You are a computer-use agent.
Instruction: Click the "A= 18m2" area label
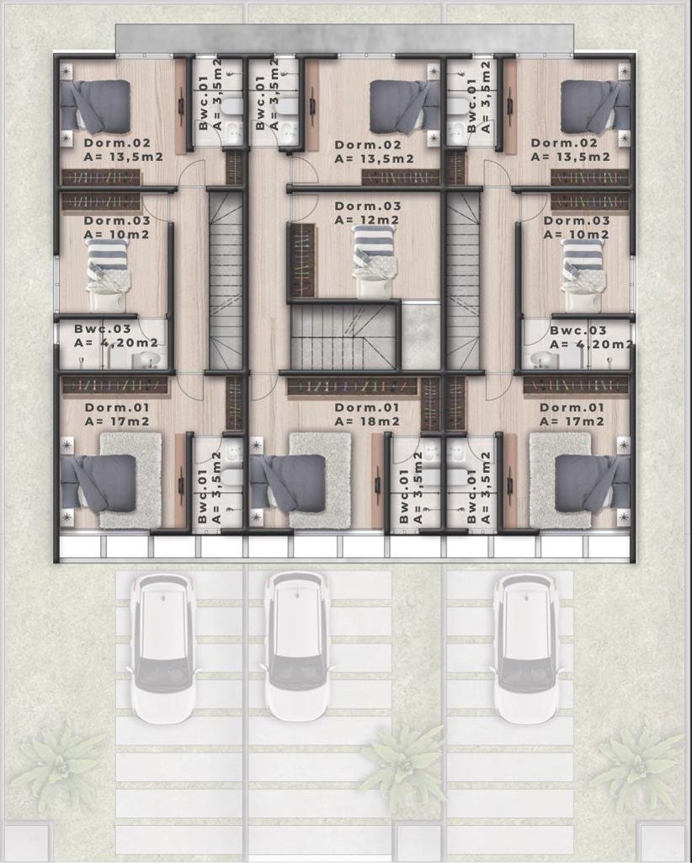coord(367,421)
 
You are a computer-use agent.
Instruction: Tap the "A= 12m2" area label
coord(367,220)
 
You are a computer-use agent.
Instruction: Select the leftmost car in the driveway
coord(162,647)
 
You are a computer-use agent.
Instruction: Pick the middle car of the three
coord(298,646)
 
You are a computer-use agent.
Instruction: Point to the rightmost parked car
coord(528,648)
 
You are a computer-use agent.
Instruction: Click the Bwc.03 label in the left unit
coord(103,330)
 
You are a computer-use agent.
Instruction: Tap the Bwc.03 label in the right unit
coord(578,330)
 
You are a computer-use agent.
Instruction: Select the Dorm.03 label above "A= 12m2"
coord(368,206)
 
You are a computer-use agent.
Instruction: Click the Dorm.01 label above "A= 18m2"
coord(367,407)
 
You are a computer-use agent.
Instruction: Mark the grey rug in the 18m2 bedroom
coord(320,480)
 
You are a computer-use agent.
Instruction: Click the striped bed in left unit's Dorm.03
coord(109,276)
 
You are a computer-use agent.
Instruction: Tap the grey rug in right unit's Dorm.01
coord(560,480)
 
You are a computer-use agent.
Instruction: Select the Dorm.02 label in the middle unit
coord(368,145)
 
